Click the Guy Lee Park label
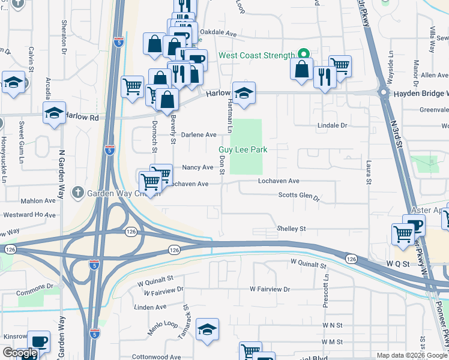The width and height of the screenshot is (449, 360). tap(243, 149)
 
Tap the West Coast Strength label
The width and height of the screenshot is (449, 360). tap(256, 55)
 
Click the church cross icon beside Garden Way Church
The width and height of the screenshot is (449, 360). tap(77, 193)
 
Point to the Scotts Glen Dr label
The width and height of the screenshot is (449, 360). tap(298, 196)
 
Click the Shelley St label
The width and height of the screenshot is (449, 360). tap(291, 229)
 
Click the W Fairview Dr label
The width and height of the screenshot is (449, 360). tap(270, 289)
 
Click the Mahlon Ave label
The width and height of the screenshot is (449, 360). tap(38, 201)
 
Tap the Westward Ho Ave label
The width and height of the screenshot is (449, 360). tap(29, 214)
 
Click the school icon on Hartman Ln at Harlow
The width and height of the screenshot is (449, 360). tap(244, 93)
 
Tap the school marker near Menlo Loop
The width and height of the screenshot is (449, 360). tap(208, 329)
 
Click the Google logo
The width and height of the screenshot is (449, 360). tap(20, 353)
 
